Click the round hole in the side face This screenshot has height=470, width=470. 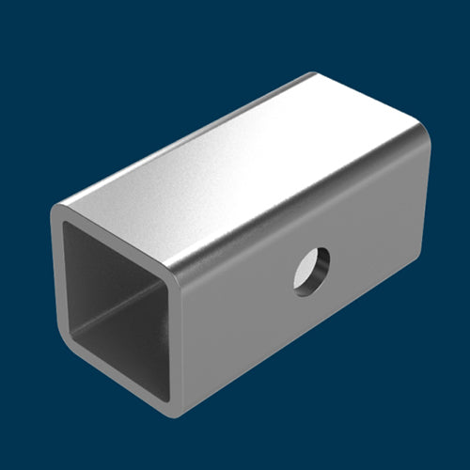[311, 271]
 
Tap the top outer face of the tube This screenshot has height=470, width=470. [244, 169]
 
